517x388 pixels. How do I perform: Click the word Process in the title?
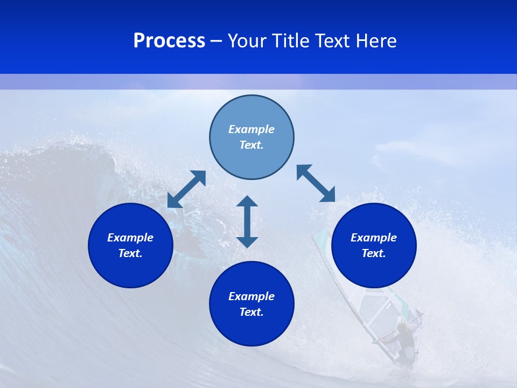(x=169, y=41)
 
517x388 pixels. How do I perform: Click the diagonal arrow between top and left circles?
(x=186, y=189)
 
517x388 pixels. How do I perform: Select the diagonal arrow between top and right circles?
(x=316, y=183)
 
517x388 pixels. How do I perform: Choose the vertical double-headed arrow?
(x=247, y=221)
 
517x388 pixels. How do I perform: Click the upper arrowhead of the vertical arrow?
(x=247, y=202)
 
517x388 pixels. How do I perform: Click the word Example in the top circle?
(x=251, y=129)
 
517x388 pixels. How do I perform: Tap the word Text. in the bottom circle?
(x=251, y=312)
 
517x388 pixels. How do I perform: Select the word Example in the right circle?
(x=374, y=238)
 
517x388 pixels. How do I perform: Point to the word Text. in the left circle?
(x=130, y=253)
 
